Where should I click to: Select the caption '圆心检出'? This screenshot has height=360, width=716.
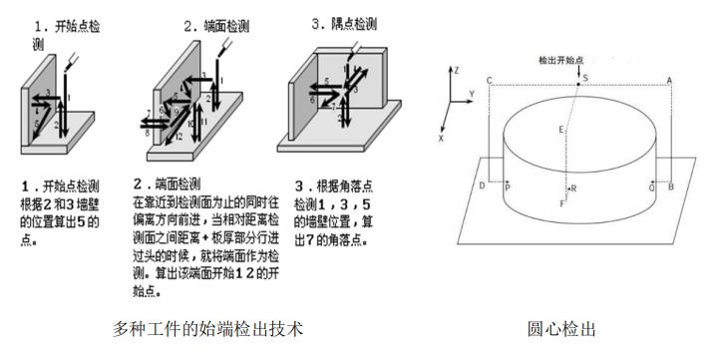(562, 327)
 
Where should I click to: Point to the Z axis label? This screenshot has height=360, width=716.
(455, 72)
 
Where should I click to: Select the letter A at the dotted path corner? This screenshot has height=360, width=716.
(669, 80)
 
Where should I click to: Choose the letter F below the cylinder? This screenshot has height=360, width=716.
(562, 203)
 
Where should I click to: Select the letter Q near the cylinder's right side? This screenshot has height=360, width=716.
(651, 186)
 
